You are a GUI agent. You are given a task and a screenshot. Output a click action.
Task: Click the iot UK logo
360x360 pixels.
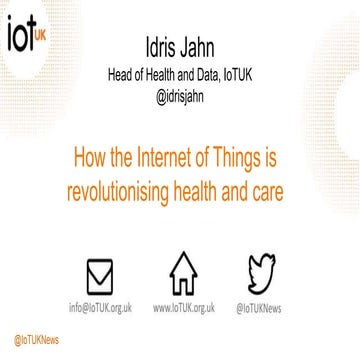coord(26,32)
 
